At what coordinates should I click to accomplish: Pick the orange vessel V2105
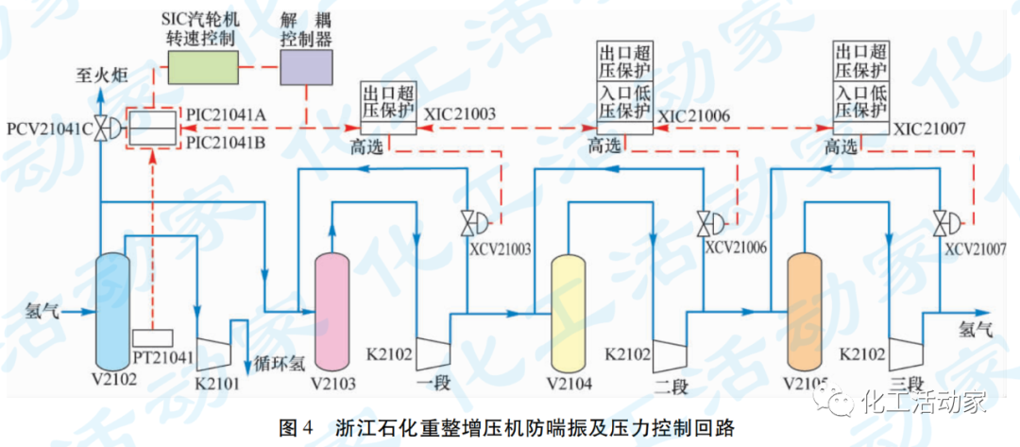coord(806,311)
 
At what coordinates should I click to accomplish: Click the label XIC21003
coord(460,115)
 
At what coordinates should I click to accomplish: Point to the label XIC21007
coord(929,129)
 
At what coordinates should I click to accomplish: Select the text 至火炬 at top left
coord(101,74)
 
